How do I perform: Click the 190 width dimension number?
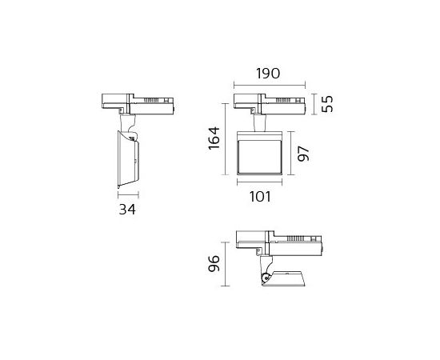(268, 74)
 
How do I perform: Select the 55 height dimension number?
(327, 104)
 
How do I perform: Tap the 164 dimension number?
(214, 138)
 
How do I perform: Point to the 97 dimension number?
(303, 154)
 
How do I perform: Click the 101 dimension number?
(260, 197)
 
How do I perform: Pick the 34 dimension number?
(127, 210)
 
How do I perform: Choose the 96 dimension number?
(214, 263)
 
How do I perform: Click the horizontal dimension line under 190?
(270, 85)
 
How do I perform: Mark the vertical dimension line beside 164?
(226, 139)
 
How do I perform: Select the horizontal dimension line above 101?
(259, 182)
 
